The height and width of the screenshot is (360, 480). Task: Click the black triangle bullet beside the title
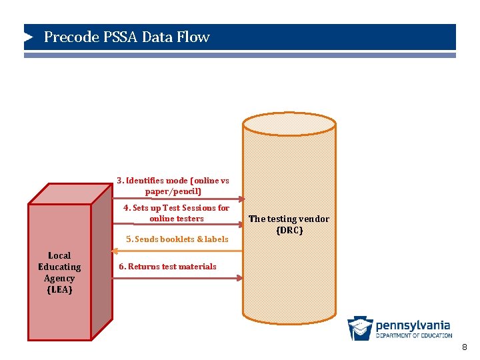click(x=29, y=37)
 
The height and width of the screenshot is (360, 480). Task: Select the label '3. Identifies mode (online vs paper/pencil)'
click(x=173, y=186)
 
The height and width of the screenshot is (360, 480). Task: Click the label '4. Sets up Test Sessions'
click(x=176, y=213)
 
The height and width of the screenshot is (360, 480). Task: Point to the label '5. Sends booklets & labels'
click(x=177, y=239)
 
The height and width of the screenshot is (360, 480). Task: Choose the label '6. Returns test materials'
click(x=167, y=267)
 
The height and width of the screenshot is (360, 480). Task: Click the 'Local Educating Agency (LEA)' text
click(x=59, y=273)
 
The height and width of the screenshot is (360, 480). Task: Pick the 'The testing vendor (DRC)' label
click(x=289, y=225)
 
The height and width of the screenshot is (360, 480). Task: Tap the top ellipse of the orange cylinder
click(x=289, y=124)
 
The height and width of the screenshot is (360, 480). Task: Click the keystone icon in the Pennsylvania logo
click(x=360, y=328)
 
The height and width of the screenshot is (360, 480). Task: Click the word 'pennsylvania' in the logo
click(x=413, y=325)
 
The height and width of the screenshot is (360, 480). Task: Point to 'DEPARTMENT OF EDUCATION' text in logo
click(x=413, y=335)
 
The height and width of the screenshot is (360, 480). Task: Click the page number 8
click(x=465, y=347)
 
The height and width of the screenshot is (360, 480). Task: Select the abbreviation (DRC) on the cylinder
click(x=289, y=231)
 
